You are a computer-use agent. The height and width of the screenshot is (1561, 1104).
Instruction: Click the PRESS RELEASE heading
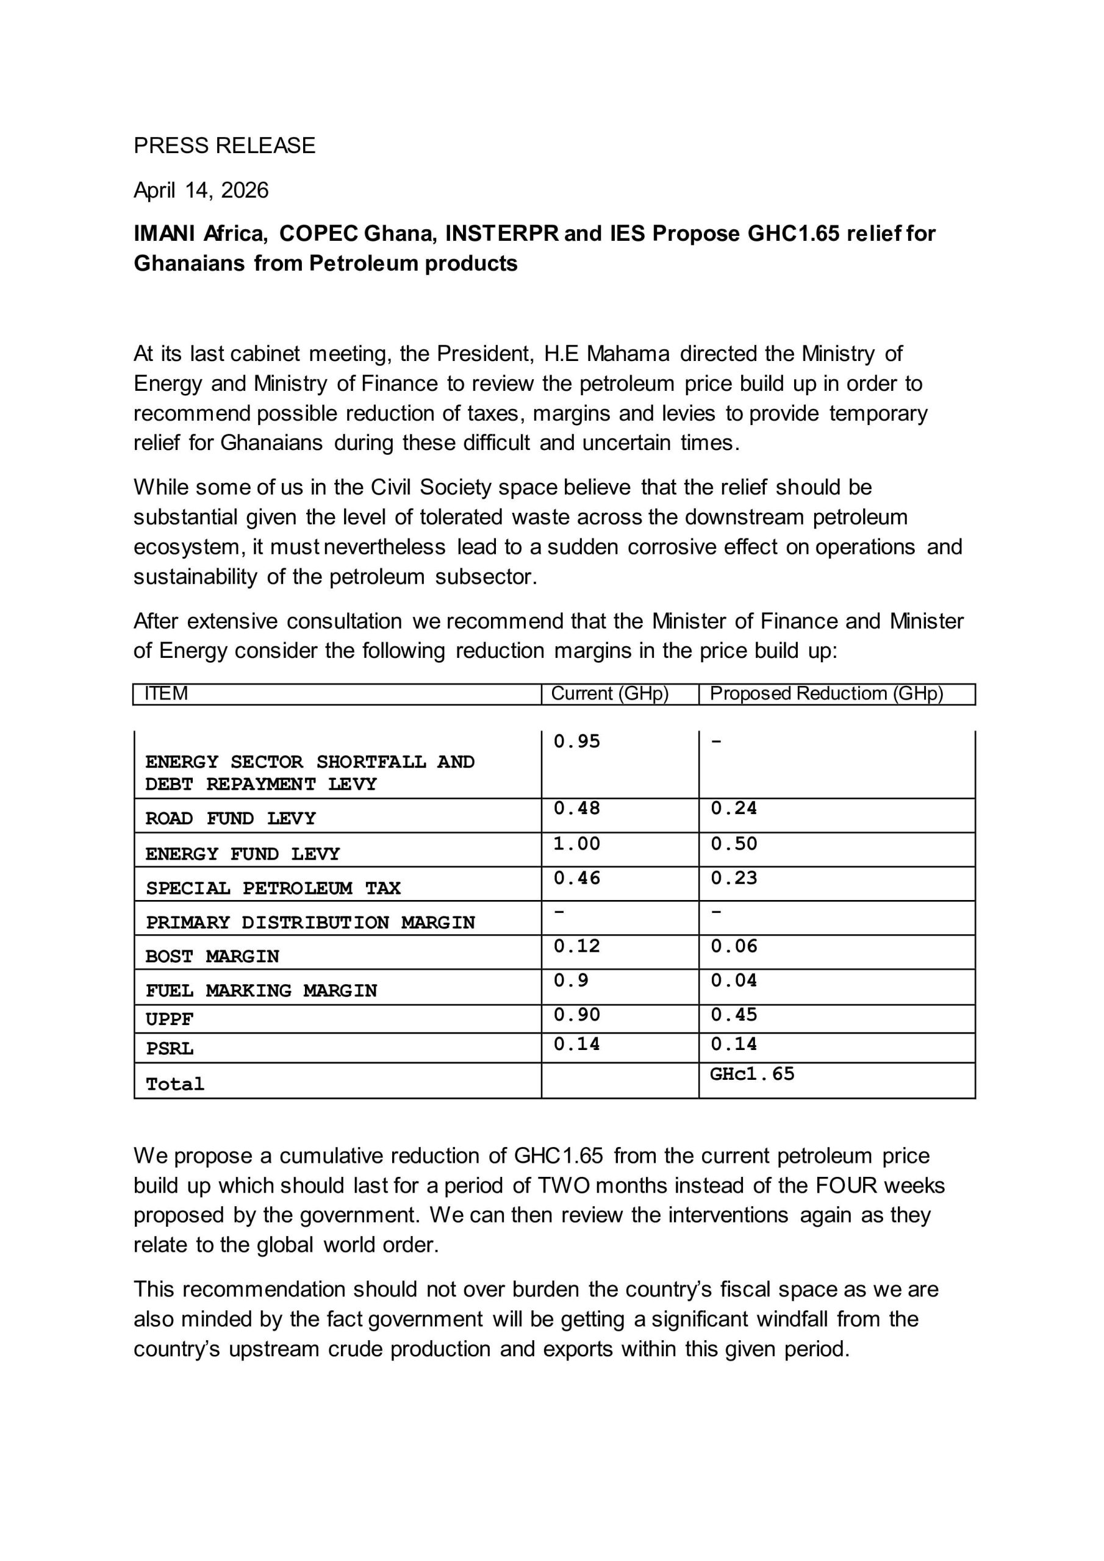[224, 146]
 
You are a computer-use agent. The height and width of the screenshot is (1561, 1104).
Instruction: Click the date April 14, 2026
[201, 190]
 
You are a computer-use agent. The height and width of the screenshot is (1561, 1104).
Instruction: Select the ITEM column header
[166, 693]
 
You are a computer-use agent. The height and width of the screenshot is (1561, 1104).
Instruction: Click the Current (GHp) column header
[609, 693]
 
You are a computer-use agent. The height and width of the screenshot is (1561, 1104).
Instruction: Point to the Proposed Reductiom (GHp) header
[826, 693]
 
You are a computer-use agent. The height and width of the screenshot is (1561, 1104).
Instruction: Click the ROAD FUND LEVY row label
[231, 818]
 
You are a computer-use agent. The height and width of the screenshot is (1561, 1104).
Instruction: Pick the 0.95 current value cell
[577, 741]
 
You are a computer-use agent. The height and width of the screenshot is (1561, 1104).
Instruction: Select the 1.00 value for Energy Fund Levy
[577, 844]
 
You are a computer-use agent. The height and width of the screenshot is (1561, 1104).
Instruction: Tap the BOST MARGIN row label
[212, 957]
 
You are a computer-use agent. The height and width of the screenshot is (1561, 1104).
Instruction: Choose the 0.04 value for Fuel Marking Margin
[734, 981]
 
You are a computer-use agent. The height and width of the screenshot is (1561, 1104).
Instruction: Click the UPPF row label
[170, 1019]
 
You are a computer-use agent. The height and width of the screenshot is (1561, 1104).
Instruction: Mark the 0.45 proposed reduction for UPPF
[734, 1015]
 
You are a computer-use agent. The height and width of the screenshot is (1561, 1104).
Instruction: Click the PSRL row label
[170, 1048]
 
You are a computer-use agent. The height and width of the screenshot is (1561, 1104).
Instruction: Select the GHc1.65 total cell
[752, 1074]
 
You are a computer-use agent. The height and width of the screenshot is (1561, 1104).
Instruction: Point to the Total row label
[175, 1084]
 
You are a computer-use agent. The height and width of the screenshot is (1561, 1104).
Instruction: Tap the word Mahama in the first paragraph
[628, 354]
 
